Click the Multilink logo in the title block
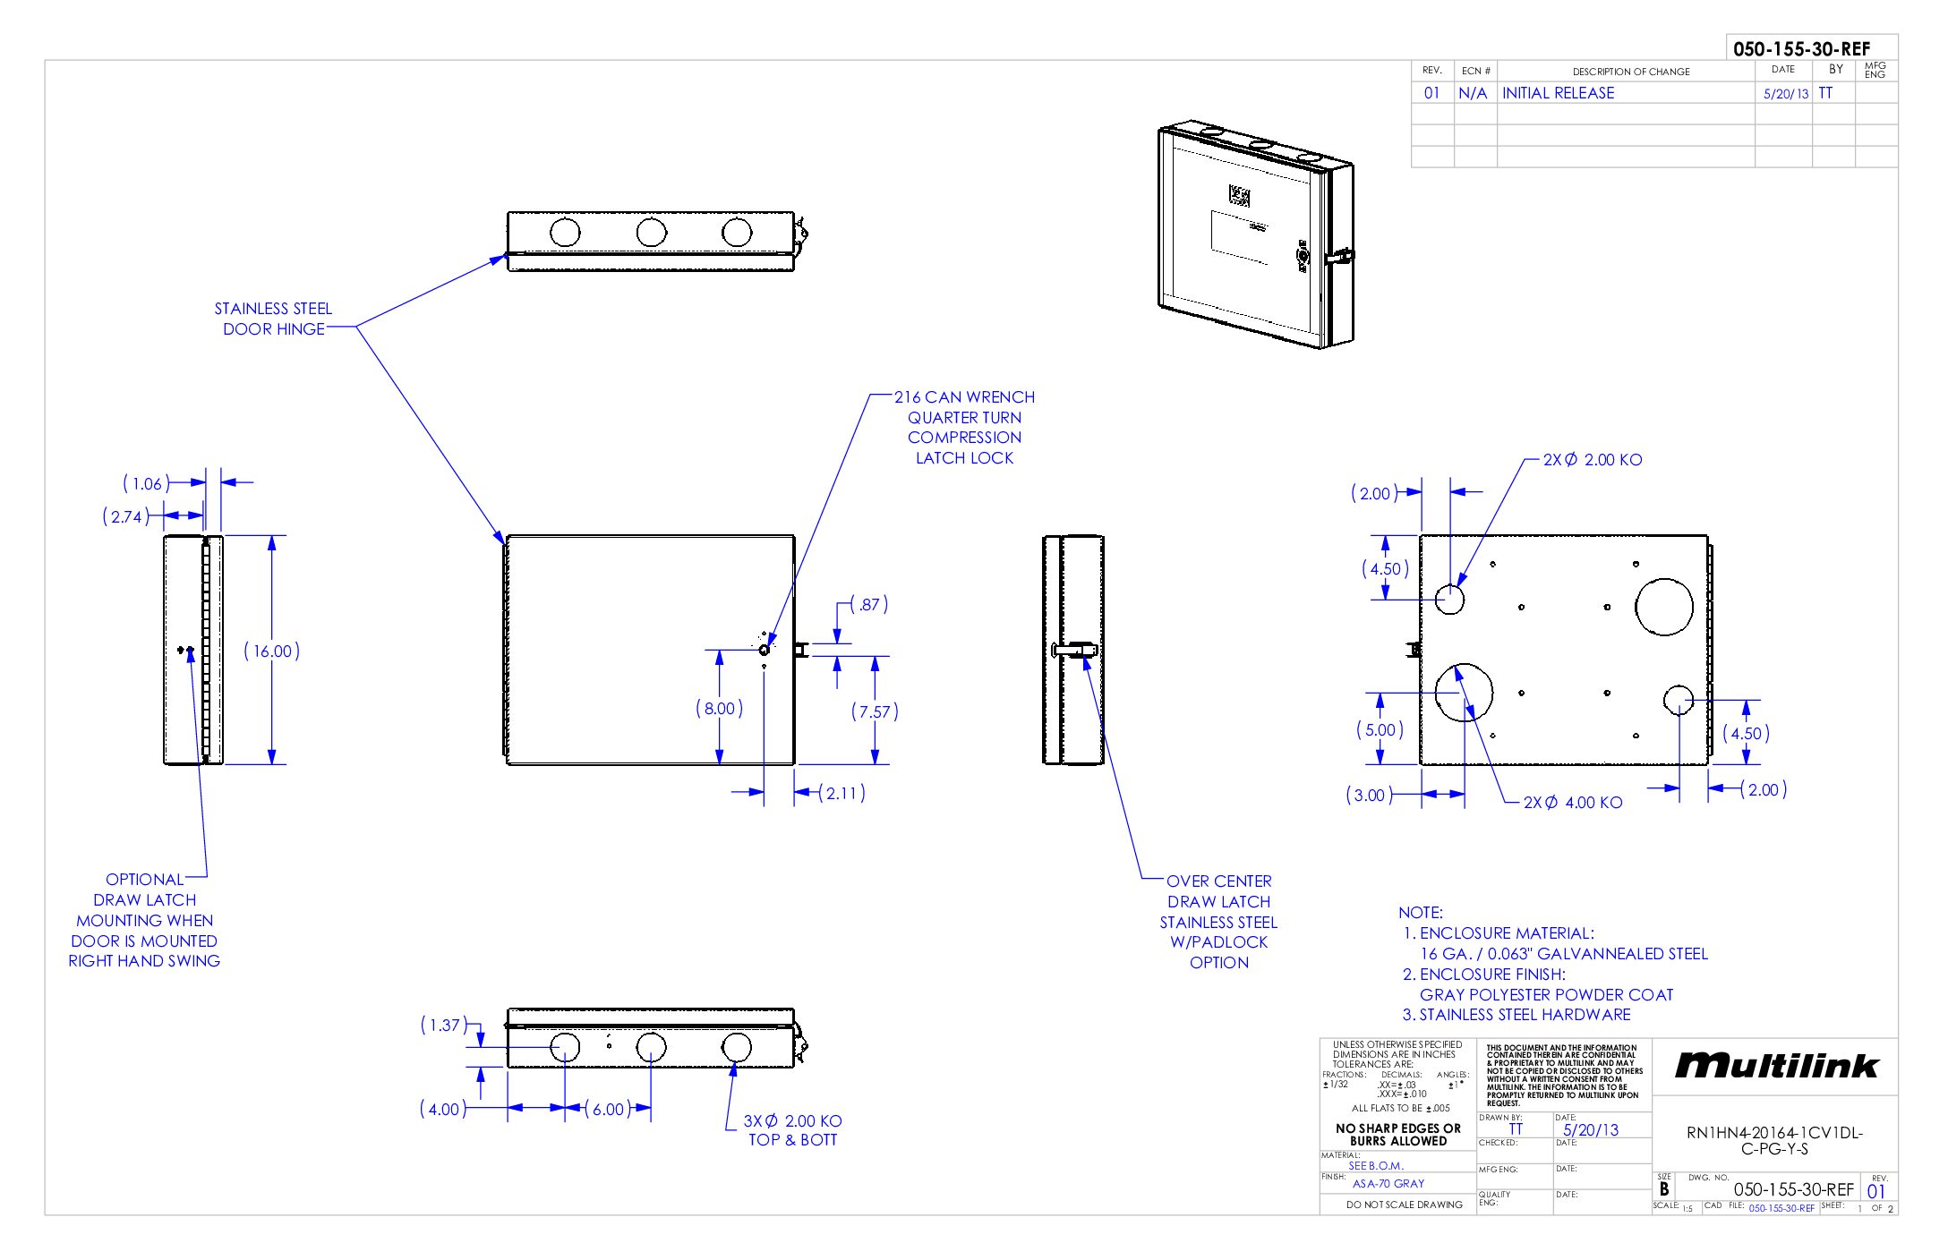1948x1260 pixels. point(1776,1065)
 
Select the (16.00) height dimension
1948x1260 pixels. point(271,651)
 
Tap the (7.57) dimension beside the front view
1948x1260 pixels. point(875,712)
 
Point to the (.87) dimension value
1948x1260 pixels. point(868,605)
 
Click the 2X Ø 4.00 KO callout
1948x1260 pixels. point(1573,803)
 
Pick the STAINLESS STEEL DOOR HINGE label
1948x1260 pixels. point(273,319)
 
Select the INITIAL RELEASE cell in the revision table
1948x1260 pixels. point(1558,93)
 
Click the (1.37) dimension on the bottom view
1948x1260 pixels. point(443,1026)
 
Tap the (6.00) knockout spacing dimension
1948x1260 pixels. point(609,1110)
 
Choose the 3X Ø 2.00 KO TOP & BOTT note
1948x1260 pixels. point(792,1130)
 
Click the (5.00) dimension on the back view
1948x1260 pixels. point(1380,730)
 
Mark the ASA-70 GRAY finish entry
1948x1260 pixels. point(1388,1183)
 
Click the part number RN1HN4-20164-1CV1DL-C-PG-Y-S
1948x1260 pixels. point(1774,1140)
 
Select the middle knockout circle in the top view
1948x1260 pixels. point(651,233)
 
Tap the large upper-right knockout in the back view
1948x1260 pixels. point(1663,607)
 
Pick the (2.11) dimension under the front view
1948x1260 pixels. point(842,793)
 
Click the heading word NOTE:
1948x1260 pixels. point(1421,913)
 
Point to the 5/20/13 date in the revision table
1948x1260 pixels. point(1785,94)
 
